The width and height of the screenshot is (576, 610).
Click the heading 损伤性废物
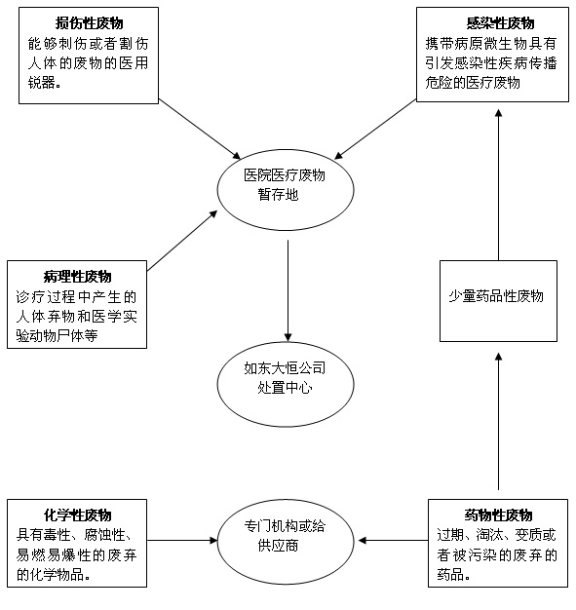point(89,23)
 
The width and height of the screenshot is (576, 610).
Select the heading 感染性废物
point(501,23)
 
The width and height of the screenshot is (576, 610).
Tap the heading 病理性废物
point(77,277)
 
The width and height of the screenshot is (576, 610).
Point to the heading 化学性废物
point(77,515)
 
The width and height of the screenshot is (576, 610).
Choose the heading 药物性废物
point(498,515)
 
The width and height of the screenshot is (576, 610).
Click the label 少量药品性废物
point(496,296)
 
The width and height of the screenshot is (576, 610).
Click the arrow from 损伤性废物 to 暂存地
point(200,129)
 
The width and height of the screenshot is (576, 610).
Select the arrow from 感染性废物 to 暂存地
point(375,129)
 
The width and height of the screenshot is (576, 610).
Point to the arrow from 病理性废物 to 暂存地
point(182,241)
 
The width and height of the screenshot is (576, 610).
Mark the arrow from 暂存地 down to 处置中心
point(288,290)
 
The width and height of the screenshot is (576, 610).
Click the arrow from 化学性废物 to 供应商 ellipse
point(182,541)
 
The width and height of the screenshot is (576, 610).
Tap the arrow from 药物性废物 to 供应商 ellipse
point(393,541)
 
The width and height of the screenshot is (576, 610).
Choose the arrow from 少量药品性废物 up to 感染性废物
point(499,185)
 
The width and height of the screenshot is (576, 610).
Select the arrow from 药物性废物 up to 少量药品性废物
point(499,421)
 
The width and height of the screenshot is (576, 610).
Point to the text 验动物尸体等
point(57,336)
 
